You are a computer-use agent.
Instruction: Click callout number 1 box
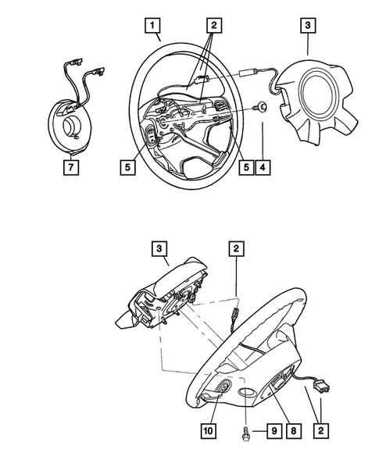pyautogui.click(x=152, y=25)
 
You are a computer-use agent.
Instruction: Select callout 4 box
pyautogui.click(x=263, y=167)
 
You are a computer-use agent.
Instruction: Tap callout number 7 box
pyautogui.click(x=71, y=167)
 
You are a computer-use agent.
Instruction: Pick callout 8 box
pyautogui.click(x=293, y=431)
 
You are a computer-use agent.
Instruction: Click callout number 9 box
pyautogui.click(x=274, y=431)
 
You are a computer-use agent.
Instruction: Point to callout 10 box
pyautogui.click(x=209, y=431)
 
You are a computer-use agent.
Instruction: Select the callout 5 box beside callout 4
pyautogui.click(x=246, y=167)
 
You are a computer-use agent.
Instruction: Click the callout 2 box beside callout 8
pyautogui.click(x=320, y=431)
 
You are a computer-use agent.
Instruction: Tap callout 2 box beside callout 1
pyautogui.click(x=214, y=25)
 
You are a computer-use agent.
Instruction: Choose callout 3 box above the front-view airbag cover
pyautogui.click(x=308, y=25)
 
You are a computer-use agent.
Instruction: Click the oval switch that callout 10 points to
pyautogui.click(x=224, y=386)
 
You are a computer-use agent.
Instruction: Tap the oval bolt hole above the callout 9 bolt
pyautogui.click(x=246, y=392)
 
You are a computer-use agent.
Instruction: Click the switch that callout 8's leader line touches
pyautogui.click(x=277, y=382)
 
